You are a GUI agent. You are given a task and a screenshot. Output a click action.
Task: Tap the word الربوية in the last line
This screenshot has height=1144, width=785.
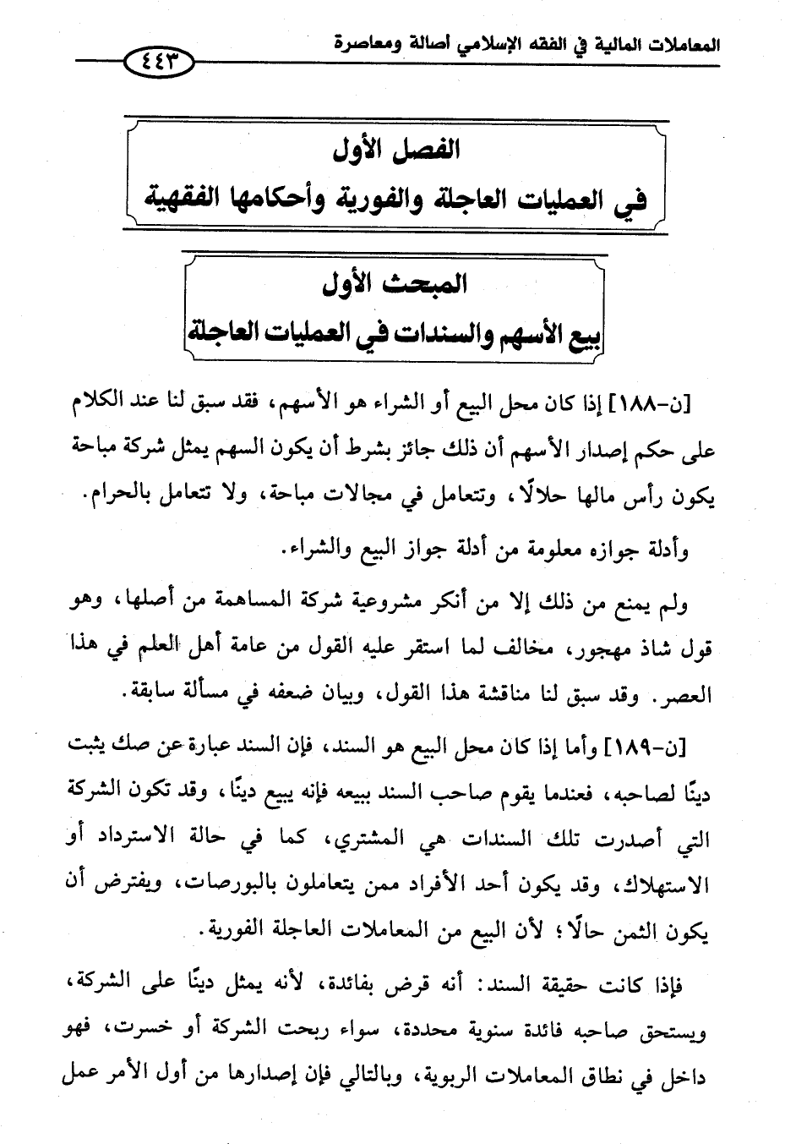pos(436,1076)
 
